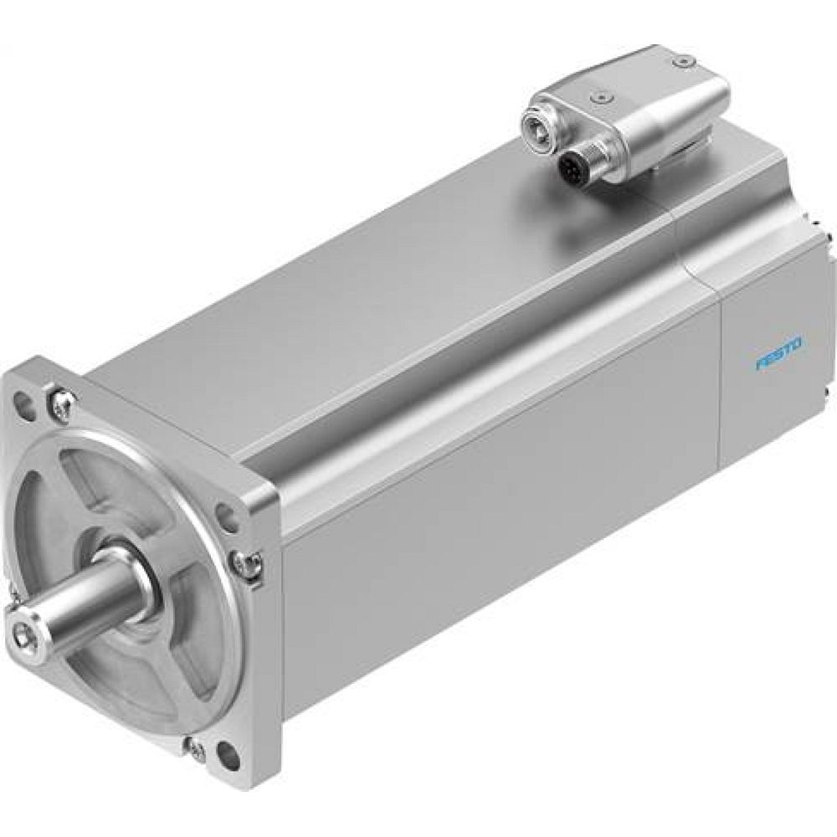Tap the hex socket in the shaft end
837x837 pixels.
pos(23,626)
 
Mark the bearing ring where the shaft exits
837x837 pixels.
pos(134,578)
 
